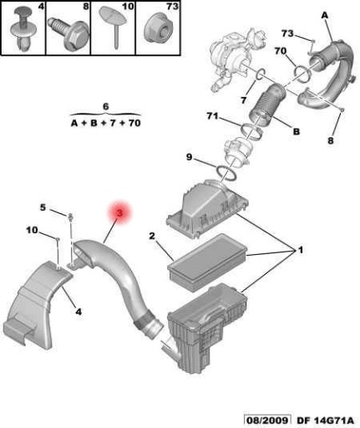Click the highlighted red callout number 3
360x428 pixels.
click(x=119, y=213)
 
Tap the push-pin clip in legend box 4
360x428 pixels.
click(x=24, y=29)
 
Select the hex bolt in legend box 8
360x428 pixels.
click(x=68, y=33)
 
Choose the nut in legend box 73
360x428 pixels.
click(x=159, y=28)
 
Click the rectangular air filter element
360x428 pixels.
click(x=207, y=262)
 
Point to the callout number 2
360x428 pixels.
click(x=152, y=236)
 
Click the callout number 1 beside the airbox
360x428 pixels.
click(x=301, y=250)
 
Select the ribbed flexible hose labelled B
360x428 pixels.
click(x=266, y=104)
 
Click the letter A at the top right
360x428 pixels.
click(x=325, y=16)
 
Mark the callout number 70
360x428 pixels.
click(x=281, y=51)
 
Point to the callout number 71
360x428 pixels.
click(x=212, y=115)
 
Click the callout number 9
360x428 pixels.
click(x=190, y=157)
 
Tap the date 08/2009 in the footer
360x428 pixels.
click(x=267, y=420)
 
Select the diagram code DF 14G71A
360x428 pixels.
click(x=326, y=420)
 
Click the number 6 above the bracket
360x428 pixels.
click(x=106, y=106)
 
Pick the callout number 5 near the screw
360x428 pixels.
click(x=43, y=207)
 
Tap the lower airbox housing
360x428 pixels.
click(x=207, y=328)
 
